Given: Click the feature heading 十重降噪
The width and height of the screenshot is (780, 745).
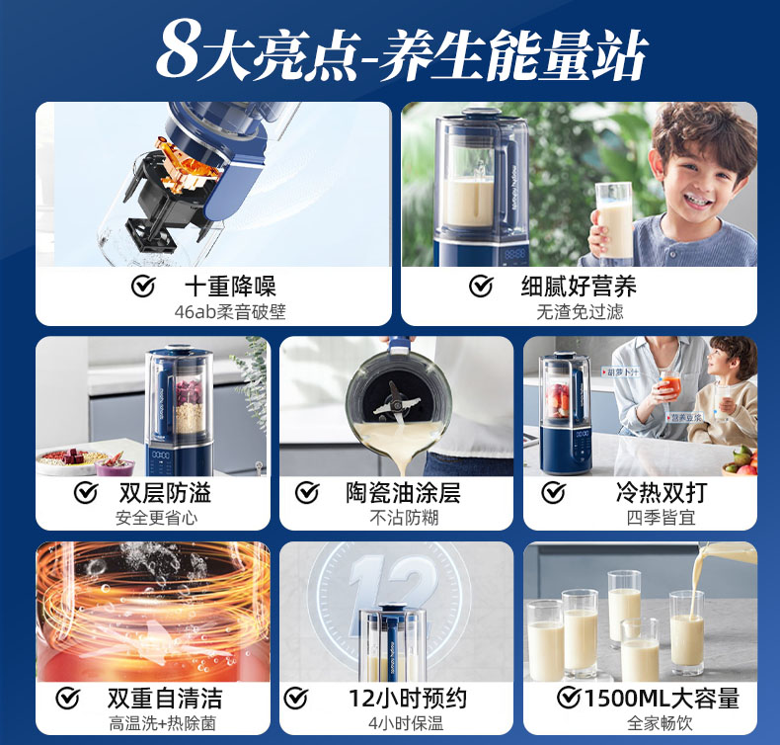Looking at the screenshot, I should coord(232,287).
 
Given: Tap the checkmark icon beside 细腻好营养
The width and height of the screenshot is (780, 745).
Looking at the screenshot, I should coord(481,287).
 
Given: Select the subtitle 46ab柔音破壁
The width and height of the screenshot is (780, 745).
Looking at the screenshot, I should coord(229,312).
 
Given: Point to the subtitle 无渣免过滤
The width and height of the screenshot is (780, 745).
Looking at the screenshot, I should coord(580,312).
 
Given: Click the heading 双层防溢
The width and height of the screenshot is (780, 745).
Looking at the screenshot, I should coord(165,492).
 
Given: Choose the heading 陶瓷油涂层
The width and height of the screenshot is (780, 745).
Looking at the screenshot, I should coord(403,492).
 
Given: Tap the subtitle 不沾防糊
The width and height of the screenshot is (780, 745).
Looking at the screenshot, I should coord(403,517).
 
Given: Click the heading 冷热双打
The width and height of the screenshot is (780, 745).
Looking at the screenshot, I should coord(661,492).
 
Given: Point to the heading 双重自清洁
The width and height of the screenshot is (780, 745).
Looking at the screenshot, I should coord(165,699).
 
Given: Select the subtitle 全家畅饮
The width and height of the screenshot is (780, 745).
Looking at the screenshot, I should coord(660,723).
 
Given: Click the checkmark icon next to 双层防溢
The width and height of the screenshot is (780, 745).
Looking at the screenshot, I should coord(87,492).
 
